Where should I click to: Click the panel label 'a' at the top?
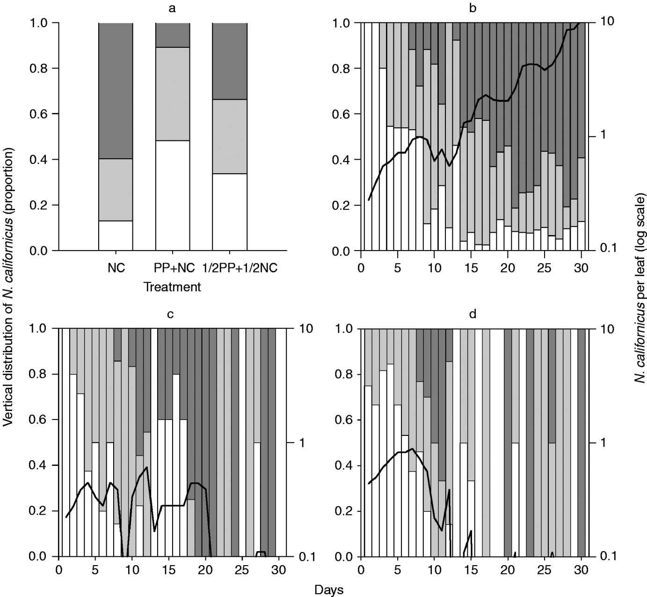172,8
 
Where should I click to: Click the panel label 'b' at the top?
473,8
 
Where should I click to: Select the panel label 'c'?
171,314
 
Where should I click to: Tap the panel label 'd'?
473,314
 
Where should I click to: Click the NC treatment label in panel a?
116,270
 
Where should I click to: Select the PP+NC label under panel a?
173,270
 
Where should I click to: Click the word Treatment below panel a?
172,287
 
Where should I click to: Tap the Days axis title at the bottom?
330,590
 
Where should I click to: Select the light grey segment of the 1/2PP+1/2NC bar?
230,136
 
